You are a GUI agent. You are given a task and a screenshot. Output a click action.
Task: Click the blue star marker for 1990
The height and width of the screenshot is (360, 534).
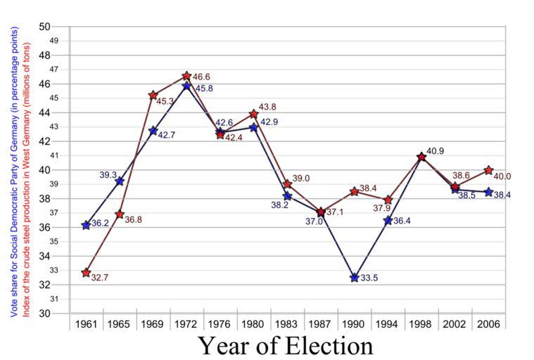point(355,278)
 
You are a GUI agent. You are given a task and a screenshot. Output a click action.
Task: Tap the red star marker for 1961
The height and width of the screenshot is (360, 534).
point(86,272)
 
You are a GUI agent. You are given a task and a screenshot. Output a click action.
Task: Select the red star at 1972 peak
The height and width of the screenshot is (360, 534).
point(186,75)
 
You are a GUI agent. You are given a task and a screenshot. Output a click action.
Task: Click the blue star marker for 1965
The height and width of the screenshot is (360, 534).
point(120,181)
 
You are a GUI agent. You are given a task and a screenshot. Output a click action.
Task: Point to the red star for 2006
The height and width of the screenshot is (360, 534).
point(489,169)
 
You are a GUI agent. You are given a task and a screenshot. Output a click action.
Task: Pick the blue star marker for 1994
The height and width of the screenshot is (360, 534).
point(388,220)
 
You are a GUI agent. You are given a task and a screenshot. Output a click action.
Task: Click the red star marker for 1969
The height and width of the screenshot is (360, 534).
point(153,94)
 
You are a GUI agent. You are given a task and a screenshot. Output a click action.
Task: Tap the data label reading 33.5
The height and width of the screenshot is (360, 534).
point(369,278)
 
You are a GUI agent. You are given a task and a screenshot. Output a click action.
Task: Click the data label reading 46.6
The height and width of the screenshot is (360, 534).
point(201,77)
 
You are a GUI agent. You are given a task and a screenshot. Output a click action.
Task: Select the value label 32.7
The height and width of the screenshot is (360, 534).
point(100,278)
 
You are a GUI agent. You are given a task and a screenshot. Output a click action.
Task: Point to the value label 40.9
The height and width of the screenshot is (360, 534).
point(436,151)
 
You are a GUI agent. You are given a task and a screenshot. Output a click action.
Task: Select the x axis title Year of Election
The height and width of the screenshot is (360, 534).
point(285,345)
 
